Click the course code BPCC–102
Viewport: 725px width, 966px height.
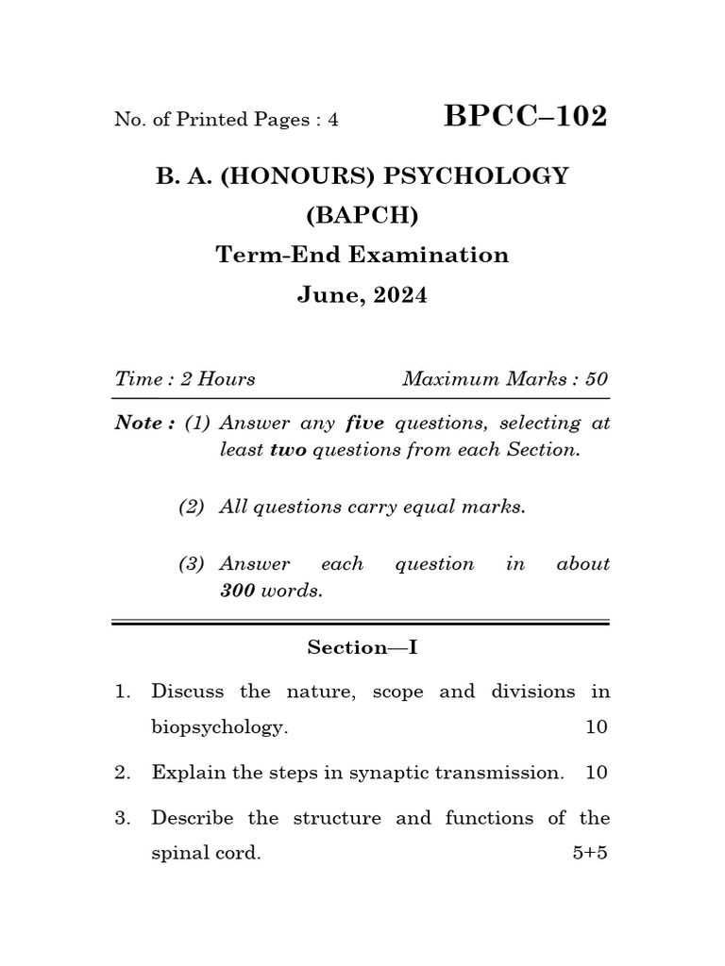pyautogui.click(x=525, y=117)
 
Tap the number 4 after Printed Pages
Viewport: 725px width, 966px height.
pyautogui.click(x=333, y=120)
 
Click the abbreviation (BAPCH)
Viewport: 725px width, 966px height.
pyautogui.click(x=362, y=215)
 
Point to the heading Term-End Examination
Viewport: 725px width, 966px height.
pyautogui.click(x=362, y=255)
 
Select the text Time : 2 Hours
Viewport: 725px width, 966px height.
pyautogui.click(x=185, y=379)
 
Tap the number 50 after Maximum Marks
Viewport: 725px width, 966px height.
pyautogui.click(x=597, y=379)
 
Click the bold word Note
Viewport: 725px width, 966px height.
pyautogui.click(x=138, y=423)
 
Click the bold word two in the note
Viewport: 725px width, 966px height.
pyautogui.click(x=288, y=450)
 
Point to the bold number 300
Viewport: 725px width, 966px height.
pyautogui.click(x=238, y=591)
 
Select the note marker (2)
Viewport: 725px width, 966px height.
pyautogui.click(x=192, y=507)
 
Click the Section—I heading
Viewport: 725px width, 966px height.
pyautogui.click(x=362, y=647)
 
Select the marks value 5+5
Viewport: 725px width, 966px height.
pyautogui.click(x=590, y=854)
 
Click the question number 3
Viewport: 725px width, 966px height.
pyautogui.click(x=122, y=818)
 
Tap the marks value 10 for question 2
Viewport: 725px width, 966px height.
pyautogui.click(x=597, y=773)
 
